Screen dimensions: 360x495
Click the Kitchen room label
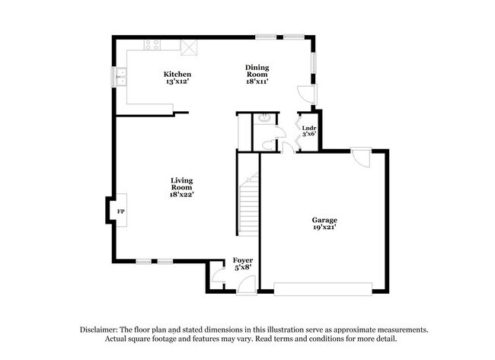(x=172, y=74)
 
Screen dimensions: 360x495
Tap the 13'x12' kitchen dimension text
(x=172, y=81)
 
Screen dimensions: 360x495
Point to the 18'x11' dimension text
(x=256, y=81)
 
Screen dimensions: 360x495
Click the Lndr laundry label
(x=308, y=127)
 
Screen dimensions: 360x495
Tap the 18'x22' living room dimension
(x=180, y=194)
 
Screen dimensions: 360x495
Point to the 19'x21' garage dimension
(x=324, y=227)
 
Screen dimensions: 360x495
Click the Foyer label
(x=242, y=260)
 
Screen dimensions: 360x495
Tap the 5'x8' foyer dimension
(x=242, y=268)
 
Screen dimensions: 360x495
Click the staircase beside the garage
(x=248, y=202)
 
